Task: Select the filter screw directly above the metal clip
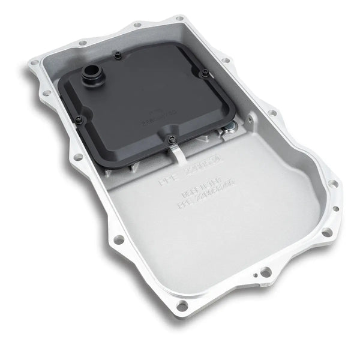[172, 139]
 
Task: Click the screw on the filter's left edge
[79, 120]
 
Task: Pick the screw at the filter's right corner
[206, 73]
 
